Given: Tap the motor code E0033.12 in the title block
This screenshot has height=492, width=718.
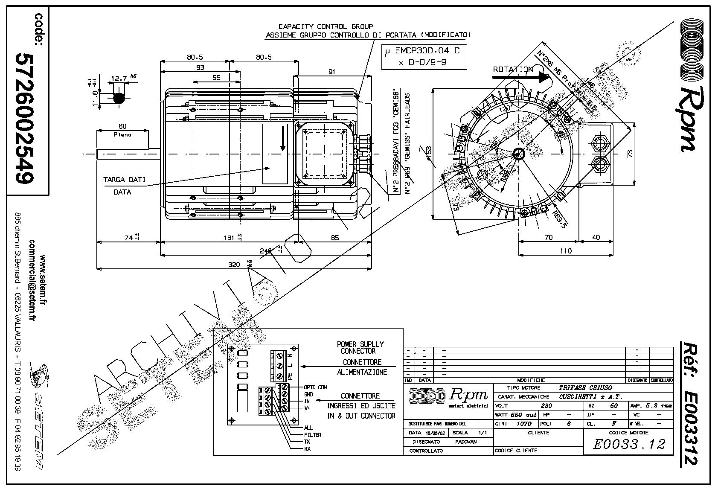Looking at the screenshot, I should (629, 444).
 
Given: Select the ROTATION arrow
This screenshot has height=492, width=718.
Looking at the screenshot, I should (520, 77).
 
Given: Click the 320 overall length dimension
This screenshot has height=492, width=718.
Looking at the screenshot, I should (234, 265).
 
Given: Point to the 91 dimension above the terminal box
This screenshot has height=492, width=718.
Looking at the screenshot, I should (331, 72).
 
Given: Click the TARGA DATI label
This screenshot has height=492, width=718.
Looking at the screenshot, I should (124, 180).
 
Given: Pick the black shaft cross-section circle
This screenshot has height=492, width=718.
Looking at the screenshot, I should (119, 98).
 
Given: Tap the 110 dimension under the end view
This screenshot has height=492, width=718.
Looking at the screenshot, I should (566, 250).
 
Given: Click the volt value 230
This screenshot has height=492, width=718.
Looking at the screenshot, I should (546, 406).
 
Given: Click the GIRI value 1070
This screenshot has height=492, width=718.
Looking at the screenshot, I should (524, 424).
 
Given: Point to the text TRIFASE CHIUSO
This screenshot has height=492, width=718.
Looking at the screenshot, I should (585, 387).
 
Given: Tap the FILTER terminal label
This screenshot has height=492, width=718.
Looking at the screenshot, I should (313, 435).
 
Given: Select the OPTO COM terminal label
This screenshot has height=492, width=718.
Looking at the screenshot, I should (316, 387).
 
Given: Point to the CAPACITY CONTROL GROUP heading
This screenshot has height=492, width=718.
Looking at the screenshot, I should (326, 26).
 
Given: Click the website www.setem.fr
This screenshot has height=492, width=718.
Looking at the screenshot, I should (43, 280).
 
